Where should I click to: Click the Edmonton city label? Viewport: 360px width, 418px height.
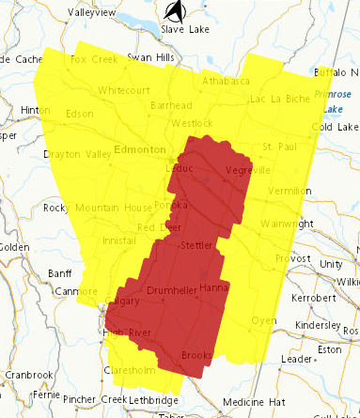tap(139, 148)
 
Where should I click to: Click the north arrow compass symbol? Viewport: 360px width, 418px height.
tap(173, 10)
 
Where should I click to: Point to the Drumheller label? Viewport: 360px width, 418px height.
tap(171, 290)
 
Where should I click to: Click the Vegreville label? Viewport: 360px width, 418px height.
tap(247, 171)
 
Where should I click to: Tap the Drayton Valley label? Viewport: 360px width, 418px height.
tap(71, 153)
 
